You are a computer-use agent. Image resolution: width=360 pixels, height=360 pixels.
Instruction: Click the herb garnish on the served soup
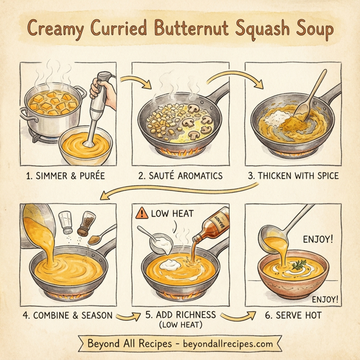coord(299,263)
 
